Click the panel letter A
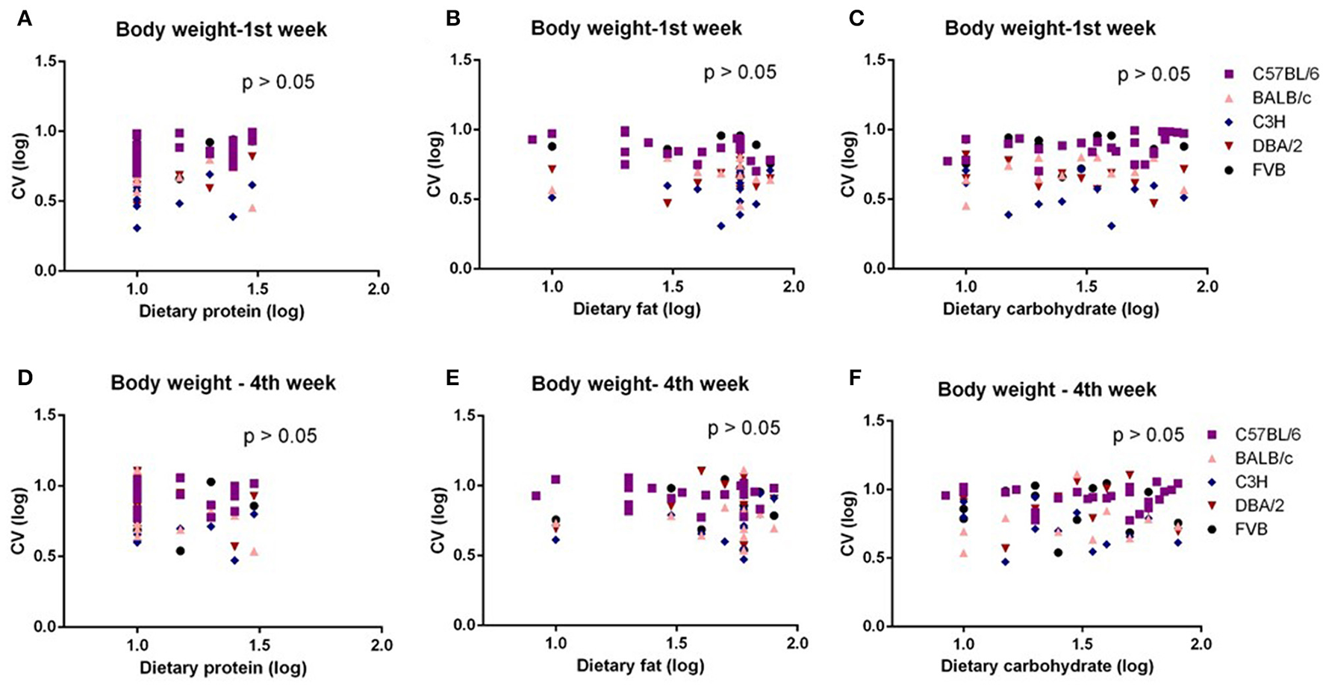click(24, 19)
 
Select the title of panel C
click(1050, 28)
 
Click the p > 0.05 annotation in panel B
click(740, 72)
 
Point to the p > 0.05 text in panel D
click(280, 436)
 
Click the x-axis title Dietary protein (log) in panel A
click(222, 311)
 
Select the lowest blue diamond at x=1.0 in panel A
click(137, 228)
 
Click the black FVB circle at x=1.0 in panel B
click(552, 146)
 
